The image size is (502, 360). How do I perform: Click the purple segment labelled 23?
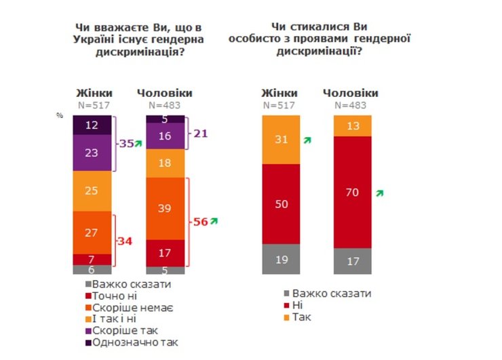(92, 153)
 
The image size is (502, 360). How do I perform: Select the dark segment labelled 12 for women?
(92, 125)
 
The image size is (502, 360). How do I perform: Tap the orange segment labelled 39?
(165, 208)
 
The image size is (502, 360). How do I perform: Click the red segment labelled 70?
(353, 192)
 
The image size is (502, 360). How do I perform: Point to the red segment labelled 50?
(281, 203)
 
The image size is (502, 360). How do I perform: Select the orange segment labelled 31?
(281, 140)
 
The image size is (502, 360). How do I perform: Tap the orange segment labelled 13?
(353, 125)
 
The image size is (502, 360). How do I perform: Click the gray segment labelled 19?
(281, 258)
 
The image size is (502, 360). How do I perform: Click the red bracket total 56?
(201, 221)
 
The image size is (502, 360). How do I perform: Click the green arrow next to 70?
(380, 193)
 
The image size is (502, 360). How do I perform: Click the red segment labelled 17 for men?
(165, 252)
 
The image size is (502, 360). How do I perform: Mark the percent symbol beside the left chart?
(60, 116)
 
